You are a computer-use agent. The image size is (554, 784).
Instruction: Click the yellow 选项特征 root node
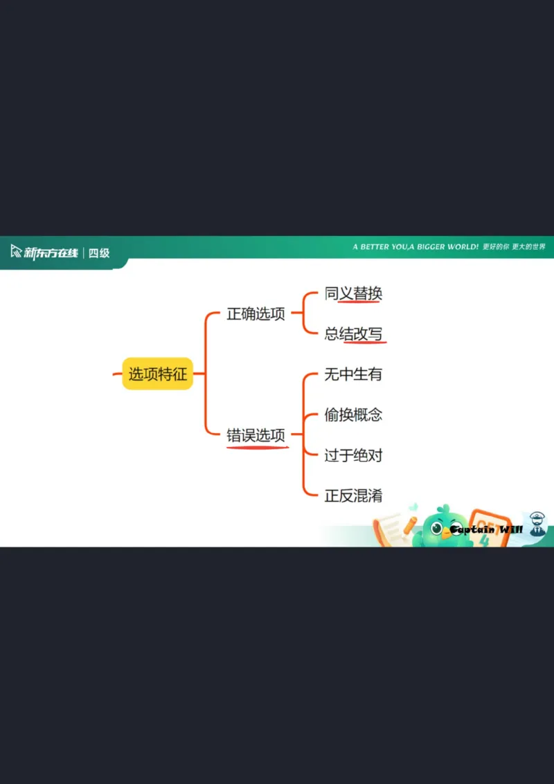coord(157,374)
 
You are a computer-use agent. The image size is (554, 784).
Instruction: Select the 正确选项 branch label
coord(256,313)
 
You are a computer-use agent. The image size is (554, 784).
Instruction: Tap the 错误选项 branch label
coord(256,435)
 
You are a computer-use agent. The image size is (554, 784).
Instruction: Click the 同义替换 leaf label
coord(353,293)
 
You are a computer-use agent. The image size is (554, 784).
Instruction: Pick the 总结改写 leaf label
coord(353,334)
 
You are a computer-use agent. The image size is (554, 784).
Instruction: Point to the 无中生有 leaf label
coord(353,374)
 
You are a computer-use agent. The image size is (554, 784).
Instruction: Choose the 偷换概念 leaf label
coord(353,414)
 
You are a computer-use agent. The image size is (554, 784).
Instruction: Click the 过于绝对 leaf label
coord(353,455)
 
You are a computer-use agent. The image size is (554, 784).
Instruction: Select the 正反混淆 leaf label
coord(353,495)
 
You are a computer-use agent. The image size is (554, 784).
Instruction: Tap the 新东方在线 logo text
coord(51,253)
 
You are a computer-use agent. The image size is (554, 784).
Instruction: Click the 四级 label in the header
coord(99,253)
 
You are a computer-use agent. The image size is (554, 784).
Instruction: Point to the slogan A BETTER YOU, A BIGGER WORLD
coord(415,247)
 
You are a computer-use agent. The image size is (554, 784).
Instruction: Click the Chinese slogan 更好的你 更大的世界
coord(515,247)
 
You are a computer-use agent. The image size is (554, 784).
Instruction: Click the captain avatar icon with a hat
coord(537,525)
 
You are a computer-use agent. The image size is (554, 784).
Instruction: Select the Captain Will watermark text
coord(485,530)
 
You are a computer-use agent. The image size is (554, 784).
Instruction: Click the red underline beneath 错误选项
coord(257,448)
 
